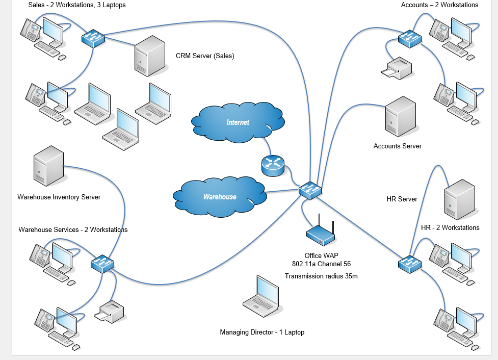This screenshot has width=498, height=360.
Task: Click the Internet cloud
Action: [238, 122]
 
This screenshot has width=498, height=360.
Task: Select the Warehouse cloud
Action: [220, 196]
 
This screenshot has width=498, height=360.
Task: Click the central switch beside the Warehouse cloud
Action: [310, 190]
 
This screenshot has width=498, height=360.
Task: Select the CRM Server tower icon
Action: [150, 56]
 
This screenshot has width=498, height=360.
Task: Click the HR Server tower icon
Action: [459, 199]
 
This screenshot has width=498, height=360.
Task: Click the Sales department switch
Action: [93, 38]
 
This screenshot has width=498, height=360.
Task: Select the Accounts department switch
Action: [410, 38]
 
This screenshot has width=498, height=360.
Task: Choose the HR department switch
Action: [410, 263]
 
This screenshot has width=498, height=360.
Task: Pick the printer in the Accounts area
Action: [397, 68]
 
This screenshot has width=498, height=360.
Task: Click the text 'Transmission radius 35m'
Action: [321, 276]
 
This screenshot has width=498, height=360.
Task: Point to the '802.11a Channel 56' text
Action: [321, 264]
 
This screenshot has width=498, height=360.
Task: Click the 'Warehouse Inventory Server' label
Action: [59, 197]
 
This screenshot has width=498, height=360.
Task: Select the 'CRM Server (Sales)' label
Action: [205, 56]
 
